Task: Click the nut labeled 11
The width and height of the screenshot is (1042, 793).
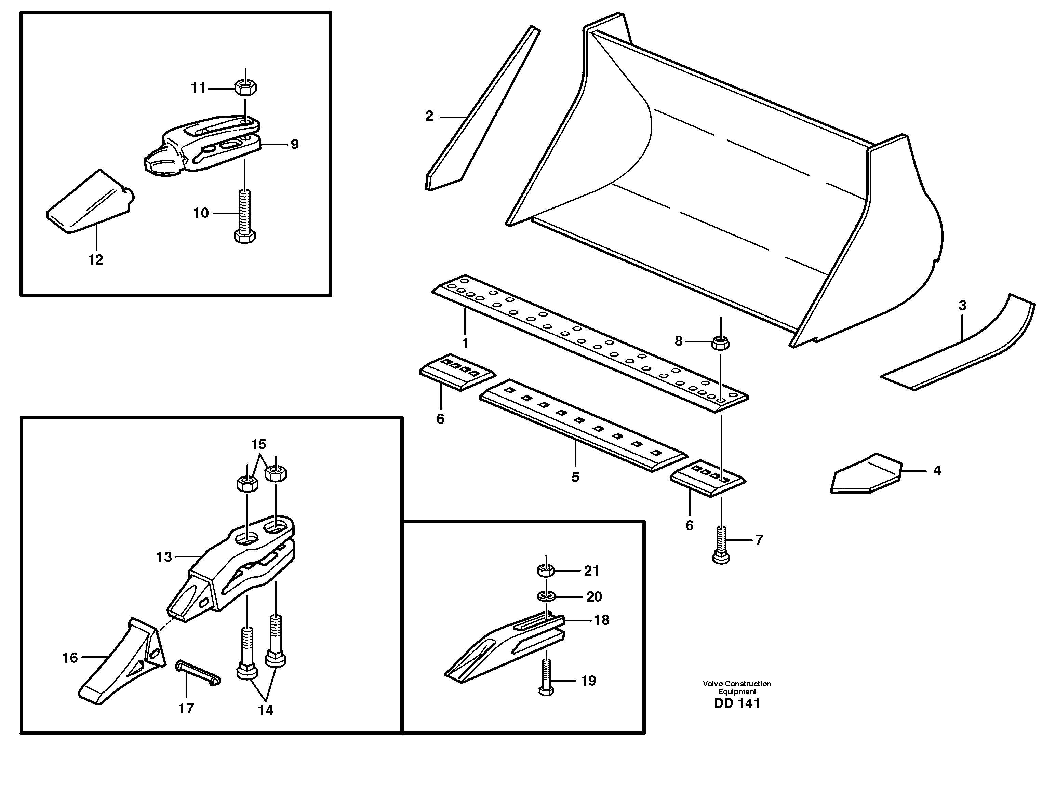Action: click(245, 87)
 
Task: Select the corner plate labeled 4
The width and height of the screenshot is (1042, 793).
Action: click(865, 473)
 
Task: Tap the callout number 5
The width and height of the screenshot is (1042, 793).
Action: click(575, 477)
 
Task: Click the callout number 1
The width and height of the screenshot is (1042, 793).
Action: click(465, 343)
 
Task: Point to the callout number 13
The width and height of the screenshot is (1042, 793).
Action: click(164, 557)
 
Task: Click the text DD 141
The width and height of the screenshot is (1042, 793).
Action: click(736, 704)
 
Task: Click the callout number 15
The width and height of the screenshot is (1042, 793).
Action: click(259, 444)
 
